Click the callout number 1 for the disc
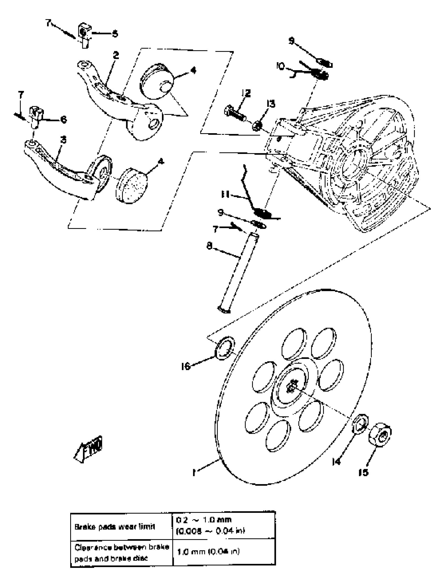tap(195, 472)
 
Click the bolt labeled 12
tap(236, 113)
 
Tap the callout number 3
tap(63, 140)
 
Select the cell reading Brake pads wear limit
tap(115, 527)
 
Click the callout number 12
tap(246, 93)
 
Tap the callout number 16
tap(186, 367)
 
